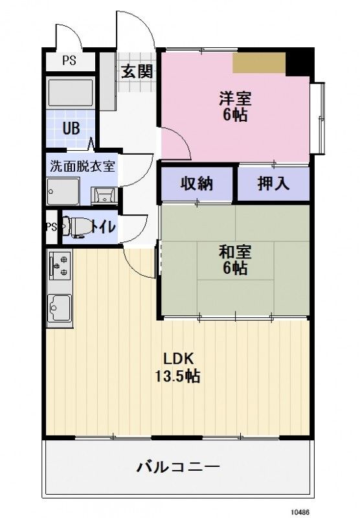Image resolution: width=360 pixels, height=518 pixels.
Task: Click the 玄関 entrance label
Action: point(137,71)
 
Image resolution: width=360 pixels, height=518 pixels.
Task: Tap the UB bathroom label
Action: point(71,128)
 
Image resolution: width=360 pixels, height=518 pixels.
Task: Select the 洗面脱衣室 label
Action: point(82,165)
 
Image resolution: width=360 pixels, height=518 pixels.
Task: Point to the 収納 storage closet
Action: point(196,184)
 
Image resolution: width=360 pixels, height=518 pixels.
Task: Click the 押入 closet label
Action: point(273,184)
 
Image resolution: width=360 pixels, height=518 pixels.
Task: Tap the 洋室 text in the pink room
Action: point(234,99)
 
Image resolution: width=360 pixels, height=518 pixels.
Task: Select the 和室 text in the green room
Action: point(234,251)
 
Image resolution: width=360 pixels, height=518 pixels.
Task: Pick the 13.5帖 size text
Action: point(176,376)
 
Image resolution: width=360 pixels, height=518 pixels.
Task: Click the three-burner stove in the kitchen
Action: point(60,265)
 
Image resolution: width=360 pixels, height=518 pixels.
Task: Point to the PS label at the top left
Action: point(69,62)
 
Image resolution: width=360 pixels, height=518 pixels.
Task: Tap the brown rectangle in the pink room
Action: point(259,62)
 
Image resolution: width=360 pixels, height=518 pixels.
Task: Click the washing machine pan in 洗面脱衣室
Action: point(63,192)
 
